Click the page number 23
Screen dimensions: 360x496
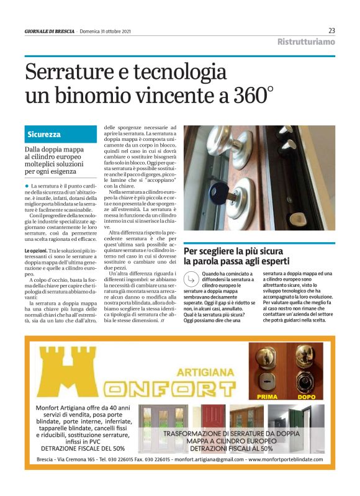[x=331, y=30]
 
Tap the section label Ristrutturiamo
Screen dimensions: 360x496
[x=306, y=42]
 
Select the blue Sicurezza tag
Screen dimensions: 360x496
[x=44, y=134]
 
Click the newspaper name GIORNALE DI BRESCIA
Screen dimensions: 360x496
[x=49, y=31]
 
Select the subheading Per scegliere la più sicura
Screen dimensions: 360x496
[x=233, y=251]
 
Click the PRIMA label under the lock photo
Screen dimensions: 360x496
[x=267, y=395]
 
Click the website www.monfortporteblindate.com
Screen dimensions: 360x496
[x=284, y=459]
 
